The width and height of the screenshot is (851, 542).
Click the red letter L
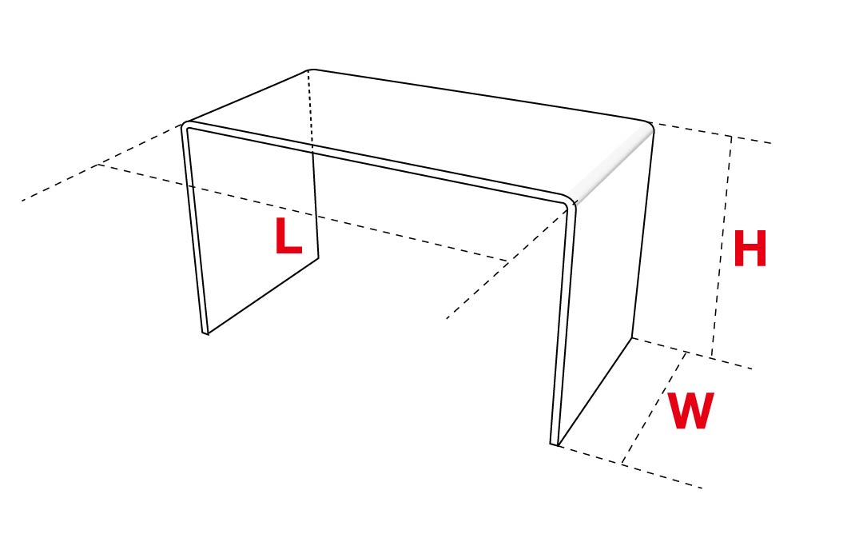pos(288,237)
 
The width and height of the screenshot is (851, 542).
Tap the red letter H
pos(750,249)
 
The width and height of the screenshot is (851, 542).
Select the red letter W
pos(690,412)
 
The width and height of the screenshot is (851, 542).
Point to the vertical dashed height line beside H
pos(721,248)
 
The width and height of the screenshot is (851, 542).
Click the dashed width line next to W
pos(654,408)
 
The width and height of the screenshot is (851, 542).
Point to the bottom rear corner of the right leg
pos(632,338)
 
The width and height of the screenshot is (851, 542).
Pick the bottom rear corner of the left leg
pos(318,257)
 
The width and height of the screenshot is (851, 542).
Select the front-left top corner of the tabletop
pos(185,124)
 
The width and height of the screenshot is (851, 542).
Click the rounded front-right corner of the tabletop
pos(568,201)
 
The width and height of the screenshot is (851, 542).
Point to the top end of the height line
pos(731,137)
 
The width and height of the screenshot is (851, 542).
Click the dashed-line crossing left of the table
pos(98,165)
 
